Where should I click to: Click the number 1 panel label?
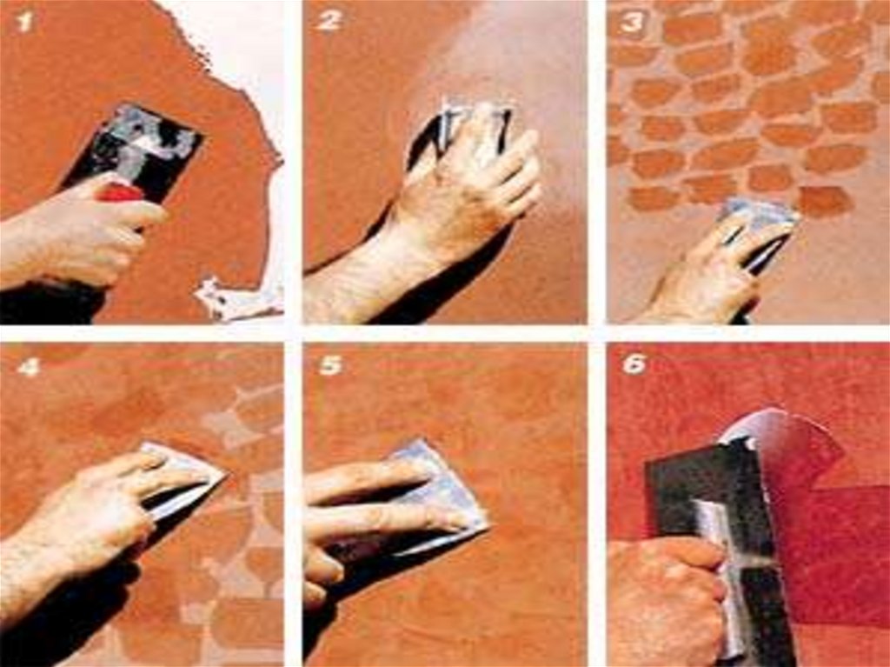click(x=24, y=22)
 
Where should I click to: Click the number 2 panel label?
click(x=329, y=21)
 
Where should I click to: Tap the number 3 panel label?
click(x=633, y=23)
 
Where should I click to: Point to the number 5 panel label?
click(x=330, y=366)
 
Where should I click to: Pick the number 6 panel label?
click(x=634, y=364)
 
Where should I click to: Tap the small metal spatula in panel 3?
click(x=758, y=227)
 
